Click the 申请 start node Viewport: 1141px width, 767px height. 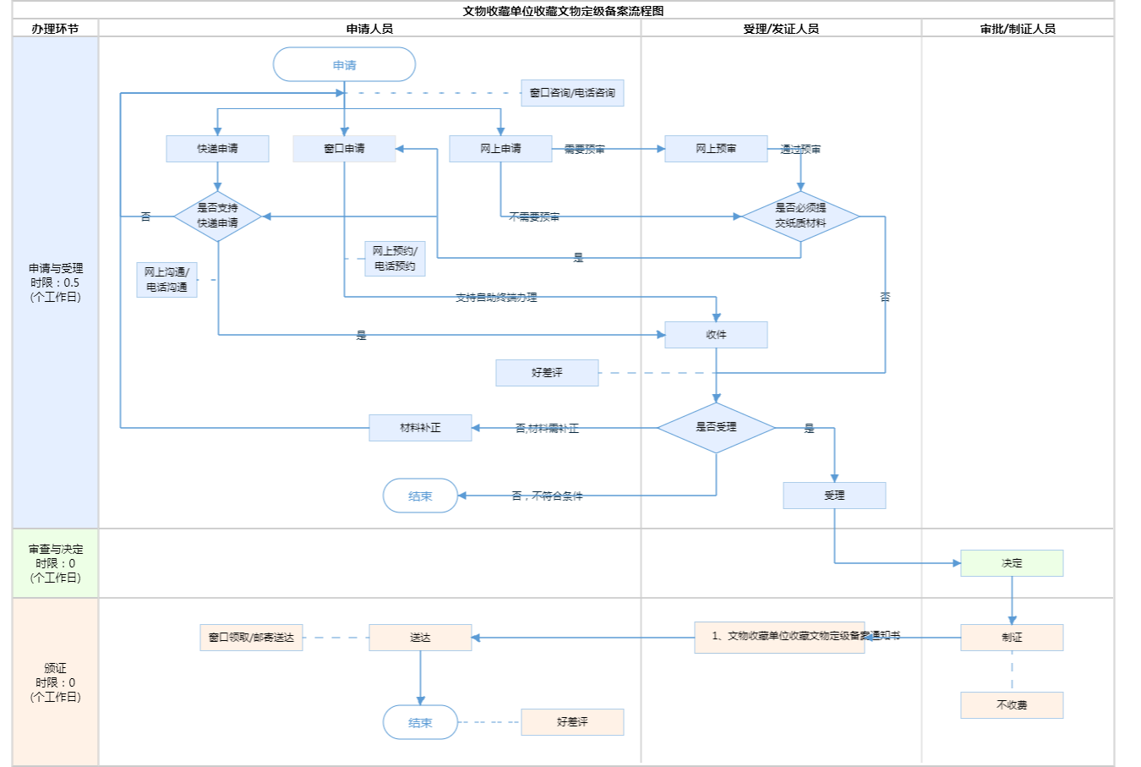344,65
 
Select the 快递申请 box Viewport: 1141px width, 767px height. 217,149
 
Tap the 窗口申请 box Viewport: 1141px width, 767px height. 344,149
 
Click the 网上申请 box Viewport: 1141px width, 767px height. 500,149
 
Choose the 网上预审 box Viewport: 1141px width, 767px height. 716,149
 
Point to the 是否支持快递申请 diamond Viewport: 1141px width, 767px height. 217,216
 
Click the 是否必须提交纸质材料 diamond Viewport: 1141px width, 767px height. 800,216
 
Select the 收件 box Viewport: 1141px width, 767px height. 716,335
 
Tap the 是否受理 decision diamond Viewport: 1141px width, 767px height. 716,428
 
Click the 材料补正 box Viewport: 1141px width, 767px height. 420,428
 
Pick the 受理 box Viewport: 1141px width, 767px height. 834,496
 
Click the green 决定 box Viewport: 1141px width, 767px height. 1012,563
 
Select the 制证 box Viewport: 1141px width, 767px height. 1012,638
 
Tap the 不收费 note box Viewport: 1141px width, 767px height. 1012,705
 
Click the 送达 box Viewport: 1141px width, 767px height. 420,638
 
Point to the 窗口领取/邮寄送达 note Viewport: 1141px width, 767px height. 251,638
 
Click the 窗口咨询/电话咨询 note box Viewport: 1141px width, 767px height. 572,93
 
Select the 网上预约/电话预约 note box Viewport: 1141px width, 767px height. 395,259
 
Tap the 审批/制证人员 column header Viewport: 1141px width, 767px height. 1018,29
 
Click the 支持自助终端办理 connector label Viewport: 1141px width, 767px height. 496,298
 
